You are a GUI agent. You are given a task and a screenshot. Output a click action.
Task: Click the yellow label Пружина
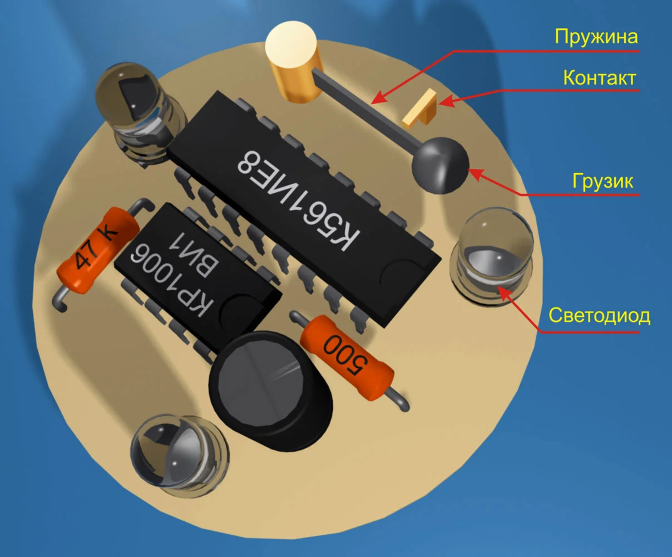[596, 37]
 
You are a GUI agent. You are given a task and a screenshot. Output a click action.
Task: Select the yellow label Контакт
[599, 77]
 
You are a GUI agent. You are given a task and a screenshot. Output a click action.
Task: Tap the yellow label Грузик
[603, 182]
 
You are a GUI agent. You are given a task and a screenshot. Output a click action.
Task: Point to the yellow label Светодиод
[599, 316]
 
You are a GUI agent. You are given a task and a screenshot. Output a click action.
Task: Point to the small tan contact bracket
[421, 108]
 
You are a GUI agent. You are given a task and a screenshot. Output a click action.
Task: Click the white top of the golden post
[291, 45]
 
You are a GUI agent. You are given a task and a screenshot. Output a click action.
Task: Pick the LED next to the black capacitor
[178, 451]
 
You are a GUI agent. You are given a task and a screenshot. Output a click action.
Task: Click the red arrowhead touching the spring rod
[376, 100]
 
